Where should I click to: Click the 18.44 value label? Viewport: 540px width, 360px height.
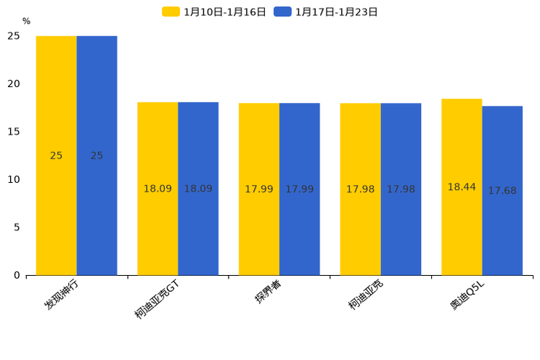pos(462,187)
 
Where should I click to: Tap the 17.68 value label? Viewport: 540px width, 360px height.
pos(502,191)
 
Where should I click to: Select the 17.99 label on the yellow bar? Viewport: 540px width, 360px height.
pos(259,189)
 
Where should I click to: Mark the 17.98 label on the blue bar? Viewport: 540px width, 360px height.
pos(401,189)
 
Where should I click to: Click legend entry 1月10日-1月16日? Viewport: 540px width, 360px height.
pos(214,12)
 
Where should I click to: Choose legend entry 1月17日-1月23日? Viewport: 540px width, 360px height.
pos(326,12)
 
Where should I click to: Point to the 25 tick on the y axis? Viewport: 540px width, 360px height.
pos(14,36)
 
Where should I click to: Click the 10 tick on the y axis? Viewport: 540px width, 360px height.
pos(14,179)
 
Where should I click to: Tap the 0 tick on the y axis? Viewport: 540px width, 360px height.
pos(17,275)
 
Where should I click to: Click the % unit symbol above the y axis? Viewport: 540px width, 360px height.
pos(26,22)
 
